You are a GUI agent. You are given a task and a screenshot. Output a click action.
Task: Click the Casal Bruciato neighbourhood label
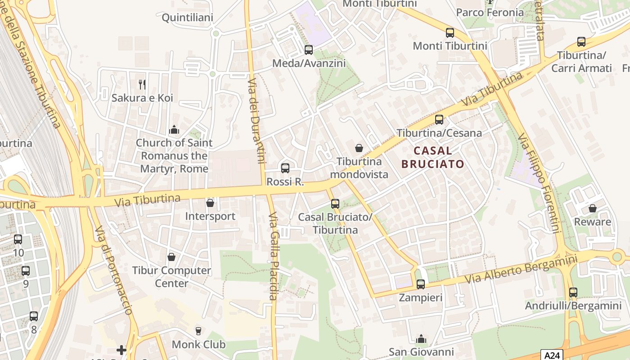tap(432, 157)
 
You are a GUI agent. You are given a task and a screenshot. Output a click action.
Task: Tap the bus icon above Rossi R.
tap(285, 168)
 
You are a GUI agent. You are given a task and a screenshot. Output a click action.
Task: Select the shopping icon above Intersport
tap(210, 203)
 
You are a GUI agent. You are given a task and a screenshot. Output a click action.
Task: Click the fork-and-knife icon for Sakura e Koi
tap(142, 84)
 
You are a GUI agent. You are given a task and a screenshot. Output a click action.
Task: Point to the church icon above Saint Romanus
tap(174, 130)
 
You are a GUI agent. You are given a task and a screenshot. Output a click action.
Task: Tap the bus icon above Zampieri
tap(421, 284)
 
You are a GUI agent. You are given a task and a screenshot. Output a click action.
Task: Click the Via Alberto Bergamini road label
tap(521, 270)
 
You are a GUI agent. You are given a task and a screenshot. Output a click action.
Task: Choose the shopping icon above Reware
tap(593, 208)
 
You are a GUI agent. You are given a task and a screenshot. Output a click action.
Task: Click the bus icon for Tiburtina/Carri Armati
tap(581, 42)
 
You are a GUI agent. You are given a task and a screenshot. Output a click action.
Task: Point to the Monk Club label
tap(198, 345)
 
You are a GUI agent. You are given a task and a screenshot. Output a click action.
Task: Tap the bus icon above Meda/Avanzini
tap(309, 50)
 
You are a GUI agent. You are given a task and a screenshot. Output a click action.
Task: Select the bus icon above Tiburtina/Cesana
tap(439, 120)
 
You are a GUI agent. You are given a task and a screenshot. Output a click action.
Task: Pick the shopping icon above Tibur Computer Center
tap(171, 257)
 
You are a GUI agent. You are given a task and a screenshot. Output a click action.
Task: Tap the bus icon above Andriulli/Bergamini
tap(573, 292)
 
